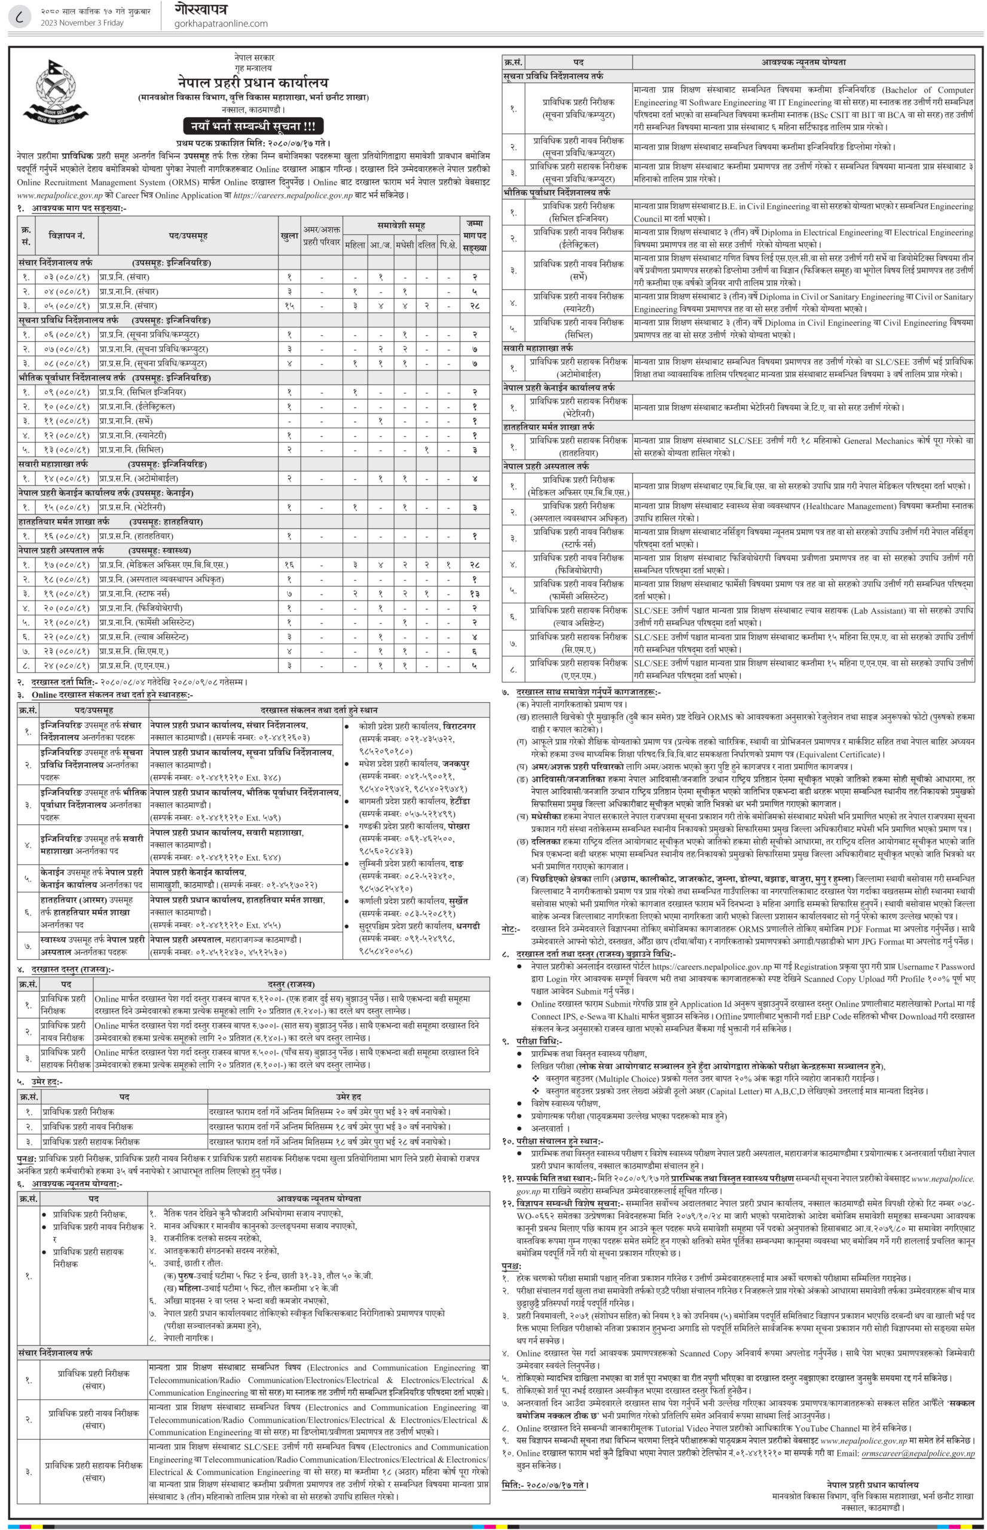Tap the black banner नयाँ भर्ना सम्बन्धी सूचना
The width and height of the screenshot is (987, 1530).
click(x=253, y=126)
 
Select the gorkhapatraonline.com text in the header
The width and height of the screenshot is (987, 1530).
click(x=221, y=24)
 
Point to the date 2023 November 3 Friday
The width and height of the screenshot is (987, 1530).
click(x=82, y=23)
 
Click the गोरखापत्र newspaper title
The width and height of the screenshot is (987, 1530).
click(x=201, y=9)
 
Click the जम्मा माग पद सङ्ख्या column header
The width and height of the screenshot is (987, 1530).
click(x=474, y=235)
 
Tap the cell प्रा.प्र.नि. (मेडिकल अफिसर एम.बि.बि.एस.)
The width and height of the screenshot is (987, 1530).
click(x=163, y=564)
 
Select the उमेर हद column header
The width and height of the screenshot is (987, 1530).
click(x=349, y=1097)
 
